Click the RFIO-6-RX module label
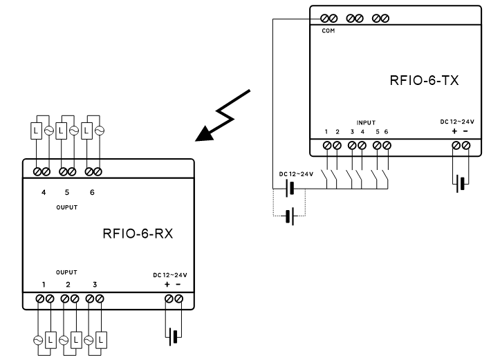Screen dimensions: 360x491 tap(136, 232)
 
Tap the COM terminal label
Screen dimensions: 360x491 tap(328, 31)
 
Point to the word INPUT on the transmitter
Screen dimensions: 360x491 tap(366, 122)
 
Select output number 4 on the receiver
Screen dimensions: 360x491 tap(44, 193)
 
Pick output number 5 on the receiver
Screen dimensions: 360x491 tap(67, 193)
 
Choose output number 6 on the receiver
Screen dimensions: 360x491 tap(91, 193)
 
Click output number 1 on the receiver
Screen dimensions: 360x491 tap(44, 284)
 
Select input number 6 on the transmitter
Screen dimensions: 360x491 tap(387, 131)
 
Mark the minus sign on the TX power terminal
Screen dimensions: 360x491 tap(465, 131)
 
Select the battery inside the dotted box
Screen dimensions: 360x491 tap(290, 215)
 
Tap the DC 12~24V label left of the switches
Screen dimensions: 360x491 tap(295, 173)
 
